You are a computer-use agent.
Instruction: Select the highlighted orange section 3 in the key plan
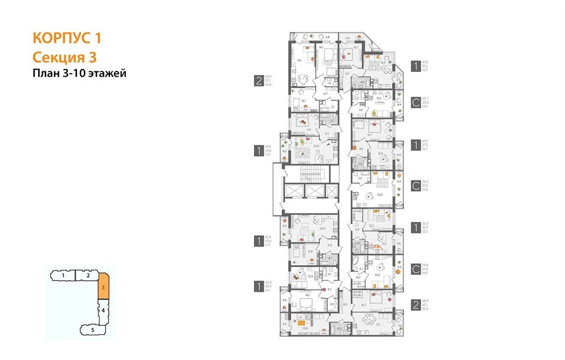pos(103,288)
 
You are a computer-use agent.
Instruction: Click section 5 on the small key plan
pos(93,329)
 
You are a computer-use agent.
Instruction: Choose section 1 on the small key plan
pos(63,275)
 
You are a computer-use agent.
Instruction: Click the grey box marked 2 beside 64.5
pos(259,80)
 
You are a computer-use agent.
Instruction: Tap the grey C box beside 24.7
pos(415,101)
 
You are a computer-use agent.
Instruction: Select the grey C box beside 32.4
pos(415,184)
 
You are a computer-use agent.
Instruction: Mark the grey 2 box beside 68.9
pos(415,304)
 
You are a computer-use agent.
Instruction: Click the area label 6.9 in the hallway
pos(325,94)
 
